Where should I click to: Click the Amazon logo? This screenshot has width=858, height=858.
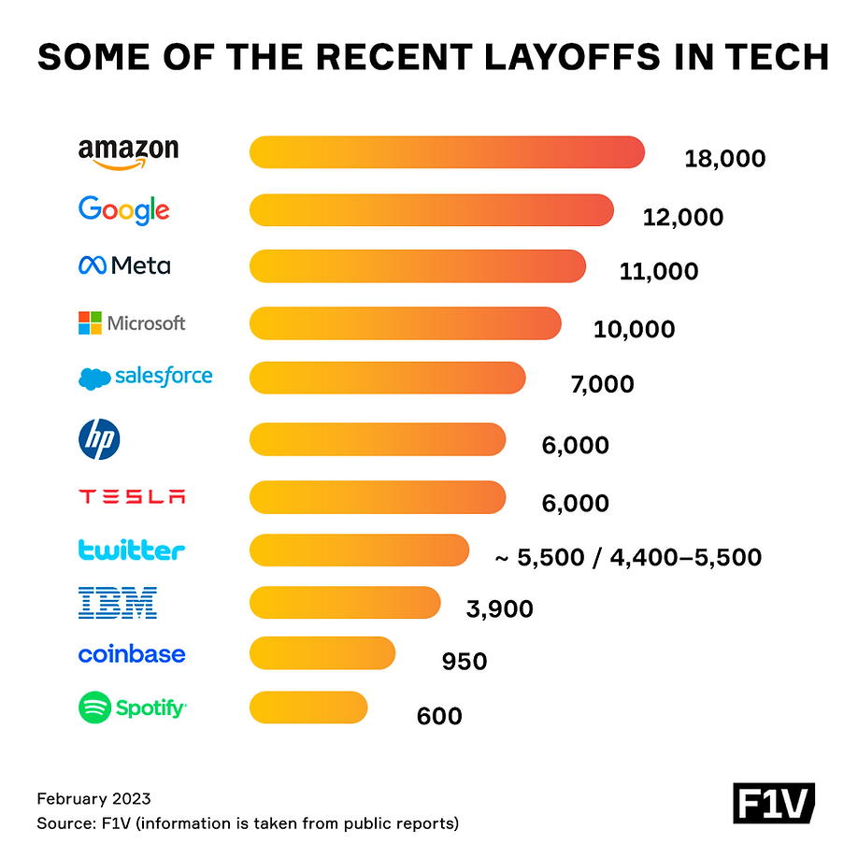tap(128, 152)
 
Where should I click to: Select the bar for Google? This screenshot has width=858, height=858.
tap(431, 209)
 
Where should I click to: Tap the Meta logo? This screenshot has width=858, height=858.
tap(124, 266)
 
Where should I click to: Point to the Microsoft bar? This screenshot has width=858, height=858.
tap(405, 323)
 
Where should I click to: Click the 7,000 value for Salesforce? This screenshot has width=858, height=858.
tap(602, 384)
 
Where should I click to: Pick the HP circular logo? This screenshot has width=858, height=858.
tap(99, 439)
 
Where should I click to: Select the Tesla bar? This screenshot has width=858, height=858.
tap(378, 497)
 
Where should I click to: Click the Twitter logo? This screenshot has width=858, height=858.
tap(132, 550)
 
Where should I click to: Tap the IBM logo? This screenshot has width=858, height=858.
tap(118, 603)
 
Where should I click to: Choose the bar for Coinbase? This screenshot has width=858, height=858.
tap(322, 653)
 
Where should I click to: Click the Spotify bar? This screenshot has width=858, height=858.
tap(308, 708)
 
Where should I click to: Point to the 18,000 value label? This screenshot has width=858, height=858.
tap(724, 159)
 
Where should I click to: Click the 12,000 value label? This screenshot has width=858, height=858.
tap(683, 218)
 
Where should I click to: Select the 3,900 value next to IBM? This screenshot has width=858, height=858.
tap(499, 609)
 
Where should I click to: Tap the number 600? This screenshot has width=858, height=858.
tap(439, 717)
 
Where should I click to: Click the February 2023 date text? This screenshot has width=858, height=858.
tap(93, 799)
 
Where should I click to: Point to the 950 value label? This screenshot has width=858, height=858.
tap(465, 663)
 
